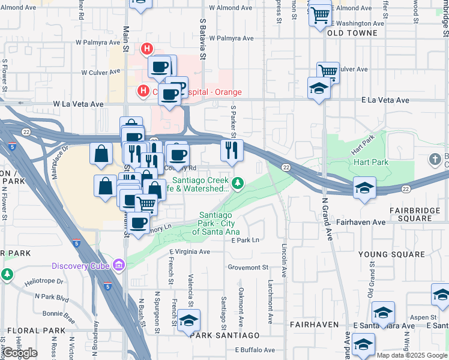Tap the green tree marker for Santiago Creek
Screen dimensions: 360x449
[238, 182]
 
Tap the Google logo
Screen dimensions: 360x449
[20, 353]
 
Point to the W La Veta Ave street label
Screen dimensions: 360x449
[78, 104]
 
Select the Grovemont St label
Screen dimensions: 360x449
[247, 267]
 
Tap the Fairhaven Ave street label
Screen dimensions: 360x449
[378, 222]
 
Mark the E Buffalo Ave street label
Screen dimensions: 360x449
[255, 350]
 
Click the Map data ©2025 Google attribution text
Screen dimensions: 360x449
[412, 355]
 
